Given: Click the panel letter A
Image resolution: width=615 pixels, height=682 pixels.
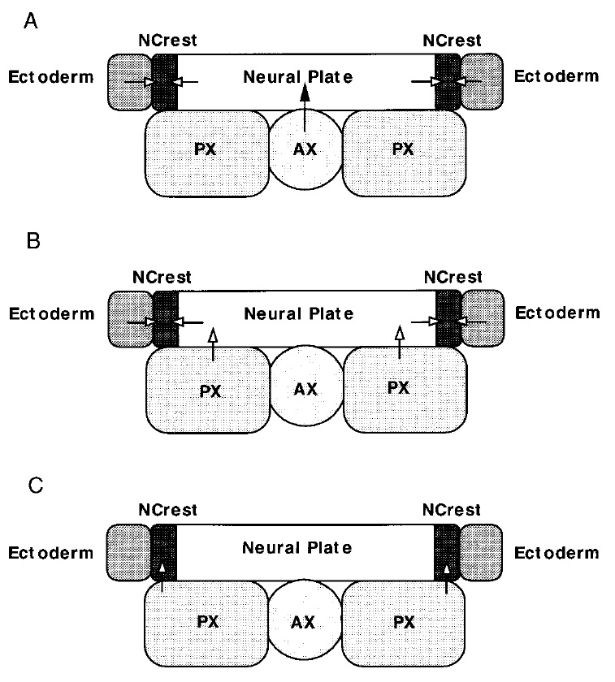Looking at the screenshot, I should click(x=32, y=23).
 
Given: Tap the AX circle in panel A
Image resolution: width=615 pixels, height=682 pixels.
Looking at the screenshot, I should click(x=305, y=151).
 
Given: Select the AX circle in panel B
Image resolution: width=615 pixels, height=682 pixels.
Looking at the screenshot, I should click(x=305, y=387).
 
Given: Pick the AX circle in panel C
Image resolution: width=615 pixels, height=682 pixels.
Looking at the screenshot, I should click(x=305, y=623).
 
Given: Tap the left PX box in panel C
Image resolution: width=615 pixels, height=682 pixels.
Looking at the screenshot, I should click(x=208, y=623).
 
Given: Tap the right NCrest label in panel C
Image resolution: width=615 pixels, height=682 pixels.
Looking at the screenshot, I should click(x=452, y=511).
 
